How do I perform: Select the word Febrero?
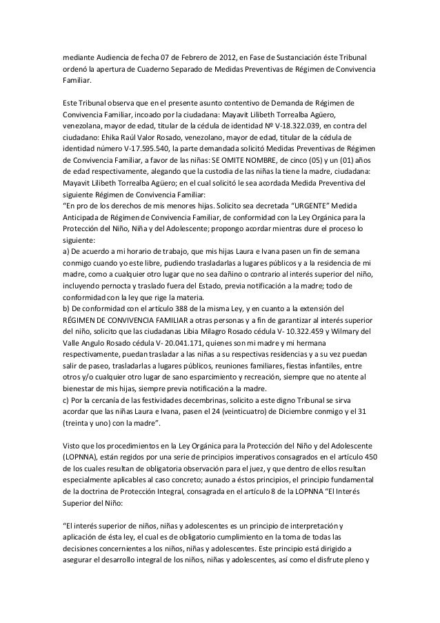coord(174,55)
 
